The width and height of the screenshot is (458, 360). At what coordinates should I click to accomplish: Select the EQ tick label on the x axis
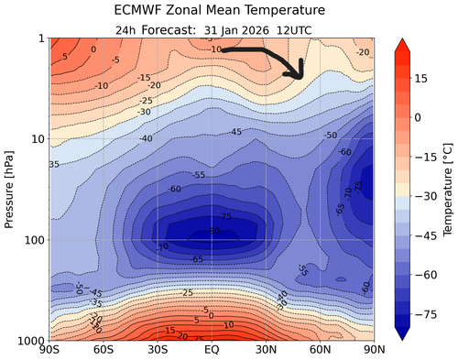coord(213,350)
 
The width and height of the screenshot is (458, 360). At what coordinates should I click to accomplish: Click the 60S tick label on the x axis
coord(104,350)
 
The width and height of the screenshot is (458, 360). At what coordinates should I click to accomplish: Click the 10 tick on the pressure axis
coord(38,139)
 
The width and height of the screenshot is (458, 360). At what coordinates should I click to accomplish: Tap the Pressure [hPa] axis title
coord(10,189)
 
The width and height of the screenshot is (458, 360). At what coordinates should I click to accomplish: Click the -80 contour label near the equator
coord(213,231)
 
